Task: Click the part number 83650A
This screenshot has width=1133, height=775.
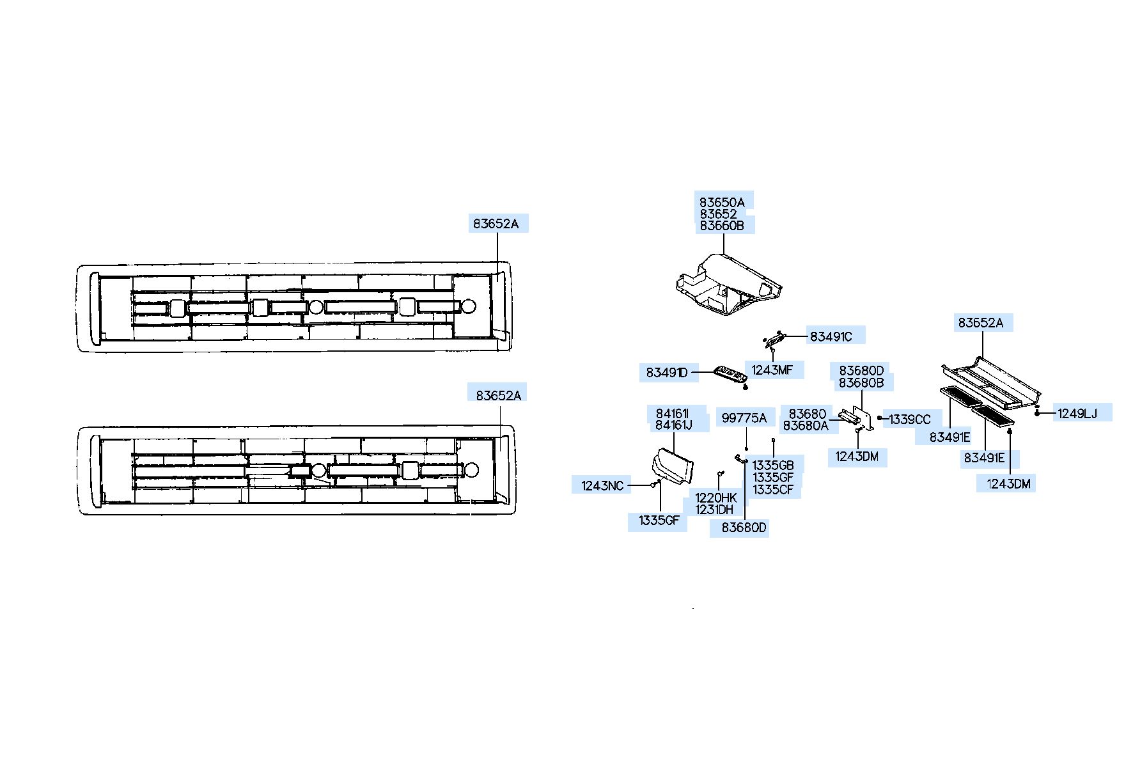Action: tap(721, 202)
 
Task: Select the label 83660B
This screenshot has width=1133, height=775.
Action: tap(721, 226)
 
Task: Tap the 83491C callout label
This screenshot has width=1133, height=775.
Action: tap(831, 337)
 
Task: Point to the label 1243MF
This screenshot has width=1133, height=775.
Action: tap(772, 370)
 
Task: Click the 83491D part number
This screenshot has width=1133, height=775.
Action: tap(666, 373)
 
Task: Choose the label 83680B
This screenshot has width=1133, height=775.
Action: tap(861, 383)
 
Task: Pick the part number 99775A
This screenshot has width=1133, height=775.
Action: tap(744, 418)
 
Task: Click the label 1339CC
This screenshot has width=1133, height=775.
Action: tap(910, 419)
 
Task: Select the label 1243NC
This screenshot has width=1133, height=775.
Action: tap(602, 486)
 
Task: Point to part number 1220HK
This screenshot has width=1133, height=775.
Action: tap(716, 497)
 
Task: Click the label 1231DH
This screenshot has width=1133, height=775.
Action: tap(714, 510)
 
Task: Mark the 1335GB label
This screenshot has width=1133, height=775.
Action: tap(773, 466)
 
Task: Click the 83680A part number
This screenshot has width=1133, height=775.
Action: tap(805, 426)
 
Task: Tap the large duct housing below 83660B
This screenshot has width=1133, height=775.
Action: tap(729, 285)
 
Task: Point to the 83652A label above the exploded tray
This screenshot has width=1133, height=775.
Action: tap(980, 324)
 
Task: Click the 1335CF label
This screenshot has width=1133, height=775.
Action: tap(773, 490)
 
